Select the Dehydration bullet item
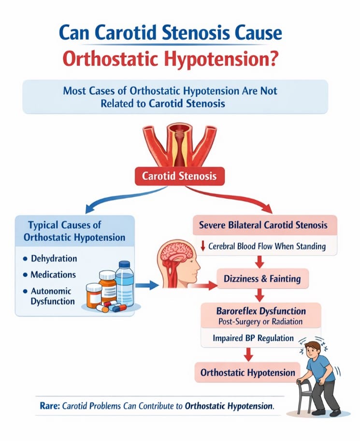(54, 259)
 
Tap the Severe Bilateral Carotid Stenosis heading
(263, 225)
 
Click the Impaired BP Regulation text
(253, 338)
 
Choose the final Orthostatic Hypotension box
(248, 372)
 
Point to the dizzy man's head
(314, 352)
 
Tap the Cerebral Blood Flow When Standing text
(267, 246)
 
